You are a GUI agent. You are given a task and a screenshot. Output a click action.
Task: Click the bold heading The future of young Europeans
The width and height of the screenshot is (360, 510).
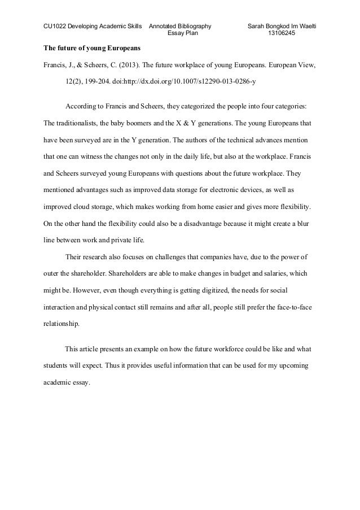pos(92,46)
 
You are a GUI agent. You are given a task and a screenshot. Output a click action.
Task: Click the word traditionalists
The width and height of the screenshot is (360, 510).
pos(77,123)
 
